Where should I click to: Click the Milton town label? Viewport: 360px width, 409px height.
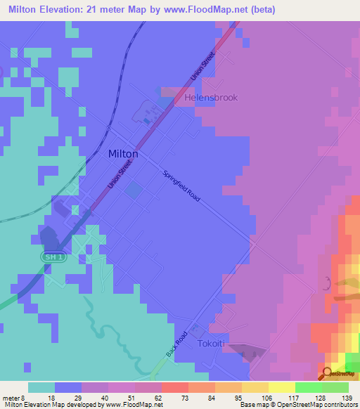[x=123, y=153]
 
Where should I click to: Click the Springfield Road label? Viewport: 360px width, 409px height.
[x=181, y=186]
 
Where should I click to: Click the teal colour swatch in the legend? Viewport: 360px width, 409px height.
[x=41, y=387]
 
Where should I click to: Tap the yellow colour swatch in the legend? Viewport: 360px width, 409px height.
[x=281, y=387]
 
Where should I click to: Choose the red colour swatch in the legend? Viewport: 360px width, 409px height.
[x=174, y=387]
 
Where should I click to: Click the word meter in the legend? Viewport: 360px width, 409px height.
[x=12, y=397]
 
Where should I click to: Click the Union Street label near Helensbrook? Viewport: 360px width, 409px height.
[x=202, y=67]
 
